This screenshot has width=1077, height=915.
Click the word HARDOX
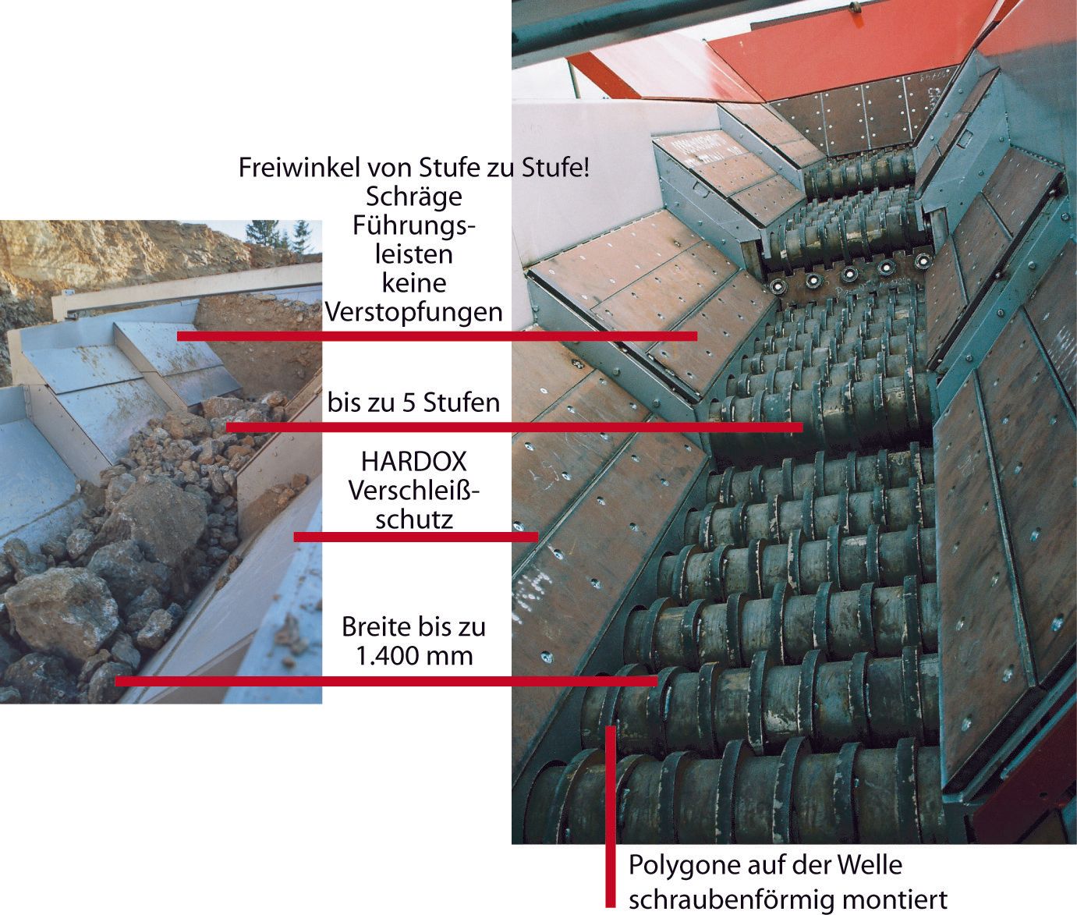point(413,462)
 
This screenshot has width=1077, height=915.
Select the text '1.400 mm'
point(414,655)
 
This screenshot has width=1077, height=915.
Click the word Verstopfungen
point(413,312)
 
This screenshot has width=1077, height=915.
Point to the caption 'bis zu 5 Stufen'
point(413,403)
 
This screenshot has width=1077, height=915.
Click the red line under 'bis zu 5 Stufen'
point(514,427)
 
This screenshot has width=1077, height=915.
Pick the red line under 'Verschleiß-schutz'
point(416,537)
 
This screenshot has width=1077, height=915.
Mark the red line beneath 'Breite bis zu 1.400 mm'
point(386,681)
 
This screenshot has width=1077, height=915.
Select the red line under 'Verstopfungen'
point(438,336)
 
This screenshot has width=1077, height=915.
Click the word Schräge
point(413,197)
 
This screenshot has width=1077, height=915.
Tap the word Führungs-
point(413,225)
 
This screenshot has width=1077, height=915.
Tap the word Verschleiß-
point(413,491)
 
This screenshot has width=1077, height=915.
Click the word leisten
point(413,255)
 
